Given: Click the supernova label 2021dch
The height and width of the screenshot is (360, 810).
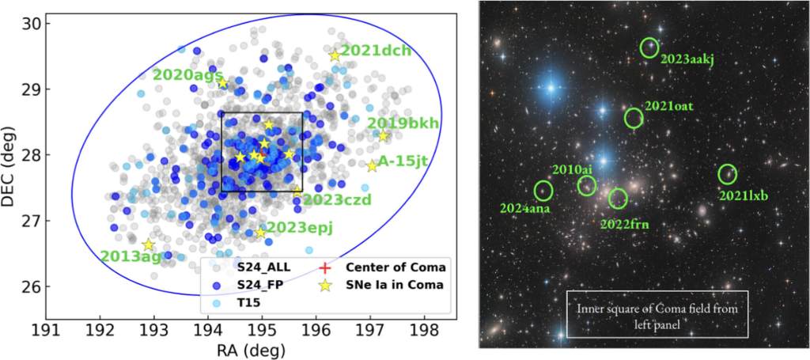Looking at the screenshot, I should (x=376, y=51).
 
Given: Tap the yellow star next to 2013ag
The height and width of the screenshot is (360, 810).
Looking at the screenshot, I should (x=148, y=245).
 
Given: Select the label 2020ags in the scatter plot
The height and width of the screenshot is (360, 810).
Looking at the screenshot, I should (x=187, y=74).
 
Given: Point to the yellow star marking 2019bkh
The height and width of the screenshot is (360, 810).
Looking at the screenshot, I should (x=383, y=136).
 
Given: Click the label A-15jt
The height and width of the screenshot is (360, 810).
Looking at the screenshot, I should (x=402, y=161).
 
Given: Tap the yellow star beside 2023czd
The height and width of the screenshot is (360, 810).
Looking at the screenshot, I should (x=297, y=190).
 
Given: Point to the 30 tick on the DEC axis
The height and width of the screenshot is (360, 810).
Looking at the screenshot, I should (x=31, y=23).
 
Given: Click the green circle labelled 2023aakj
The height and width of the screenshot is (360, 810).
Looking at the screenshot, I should (x=649, y=47).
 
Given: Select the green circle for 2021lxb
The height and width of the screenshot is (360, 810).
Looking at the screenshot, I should (x=727, y=174).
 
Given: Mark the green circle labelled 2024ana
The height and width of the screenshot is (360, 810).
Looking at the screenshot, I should (x=543, y=190).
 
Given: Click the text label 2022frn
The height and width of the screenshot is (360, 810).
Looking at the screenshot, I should (x=624, y=224).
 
